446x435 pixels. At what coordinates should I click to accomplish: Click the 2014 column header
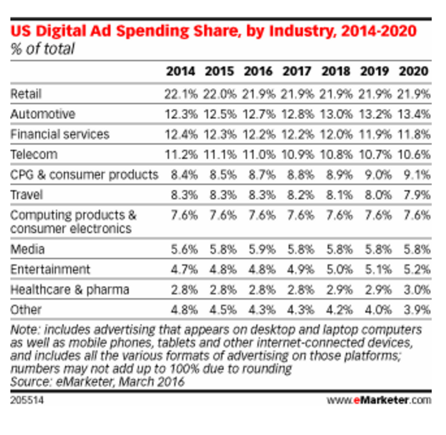coord(179,72)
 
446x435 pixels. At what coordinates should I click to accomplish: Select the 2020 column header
coord(414,72)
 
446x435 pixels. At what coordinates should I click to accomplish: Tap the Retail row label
coord(26,94)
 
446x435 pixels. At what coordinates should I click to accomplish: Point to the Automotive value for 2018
coord(335,114)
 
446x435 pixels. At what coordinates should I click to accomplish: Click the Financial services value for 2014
coord(179,134)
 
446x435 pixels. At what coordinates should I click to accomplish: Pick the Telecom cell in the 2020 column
coord(414,154)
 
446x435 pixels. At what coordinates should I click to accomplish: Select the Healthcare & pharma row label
coord(70,289)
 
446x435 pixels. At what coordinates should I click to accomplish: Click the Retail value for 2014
coord(179,94)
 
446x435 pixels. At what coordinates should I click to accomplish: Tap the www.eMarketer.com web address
coord(378,399)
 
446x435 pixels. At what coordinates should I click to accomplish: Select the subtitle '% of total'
coord(43,49)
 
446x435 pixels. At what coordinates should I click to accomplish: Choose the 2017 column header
coord(297,72)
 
